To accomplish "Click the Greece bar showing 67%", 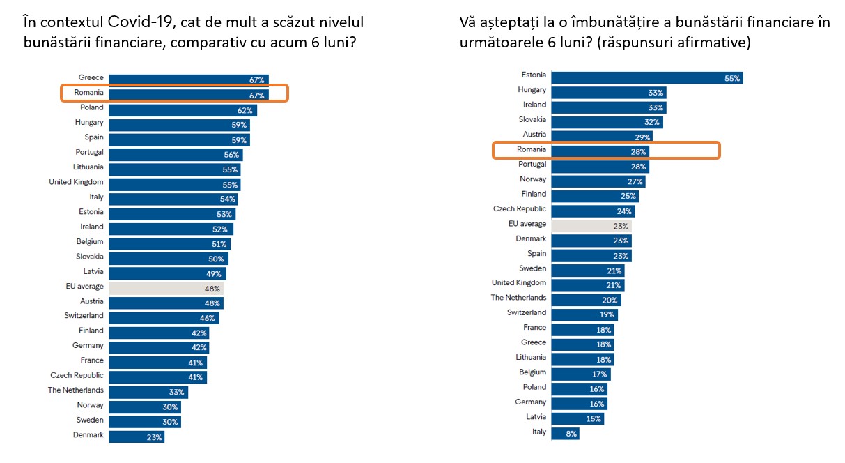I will (x=188, y=78).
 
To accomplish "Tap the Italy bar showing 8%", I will (x=564, y=433).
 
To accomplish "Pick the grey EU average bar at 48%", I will (x=166, y=287).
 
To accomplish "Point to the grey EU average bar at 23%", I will (x=591, y=226).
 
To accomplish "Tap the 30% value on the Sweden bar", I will (x=170, y=422).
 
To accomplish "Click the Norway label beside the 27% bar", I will (x=534, y=179).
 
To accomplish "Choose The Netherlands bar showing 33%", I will (x=148, y=392).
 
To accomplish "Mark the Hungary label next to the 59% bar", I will (x=89, y=123).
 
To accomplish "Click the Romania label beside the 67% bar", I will (x=88, y=93).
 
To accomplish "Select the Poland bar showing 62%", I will (x=183, y=109).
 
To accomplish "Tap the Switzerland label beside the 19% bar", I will (x=527, y=312).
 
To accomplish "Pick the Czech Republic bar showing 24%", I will (x=592, y=211).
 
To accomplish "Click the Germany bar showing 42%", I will (x=159, y=347).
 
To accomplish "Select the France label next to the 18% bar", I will (x=535, y=328).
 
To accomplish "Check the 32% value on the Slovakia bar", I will (x=651, y=122).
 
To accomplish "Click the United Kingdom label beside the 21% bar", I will (x=519, y=283).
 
